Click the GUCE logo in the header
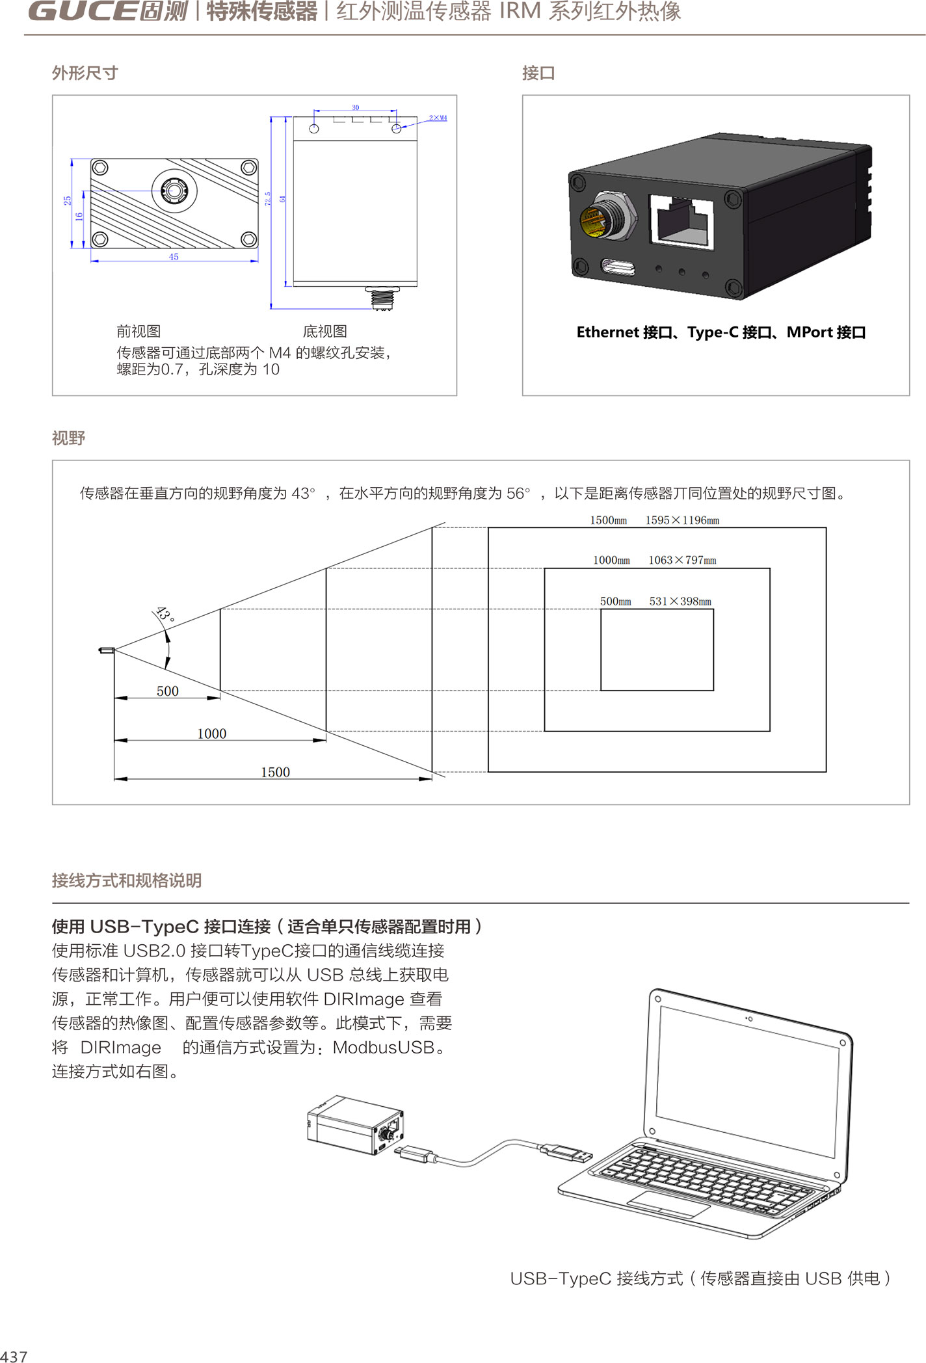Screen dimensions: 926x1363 coord(107,11)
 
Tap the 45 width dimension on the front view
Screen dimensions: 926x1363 coord(174,257)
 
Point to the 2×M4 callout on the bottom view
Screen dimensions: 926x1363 coord(438,118)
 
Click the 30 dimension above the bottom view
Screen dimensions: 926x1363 coord(355,107)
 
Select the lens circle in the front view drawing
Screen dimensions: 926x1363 coord(174,190)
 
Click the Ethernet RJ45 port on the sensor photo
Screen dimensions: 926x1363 coord(681,222)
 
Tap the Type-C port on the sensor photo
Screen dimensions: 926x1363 coord(618,267)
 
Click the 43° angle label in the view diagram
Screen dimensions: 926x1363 coord(165,615)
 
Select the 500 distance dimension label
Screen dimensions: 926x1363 coord(167,691)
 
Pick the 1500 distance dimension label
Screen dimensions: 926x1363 coord(275,772)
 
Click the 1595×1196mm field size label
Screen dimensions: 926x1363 coord(682,520)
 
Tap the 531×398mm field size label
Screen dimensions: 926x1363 coord(680,602)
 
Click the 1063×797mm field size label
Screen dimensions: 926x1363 coord(682,560)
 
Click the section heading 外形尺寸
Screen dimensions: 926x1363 coord(85,73)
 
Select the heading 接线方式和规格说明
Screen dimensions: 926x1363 coord(127,880)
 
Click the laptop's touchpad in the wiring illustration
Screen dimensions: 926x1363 coord(668,1204)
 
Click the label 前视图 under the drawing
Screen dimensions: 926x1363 coord(139,332)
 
